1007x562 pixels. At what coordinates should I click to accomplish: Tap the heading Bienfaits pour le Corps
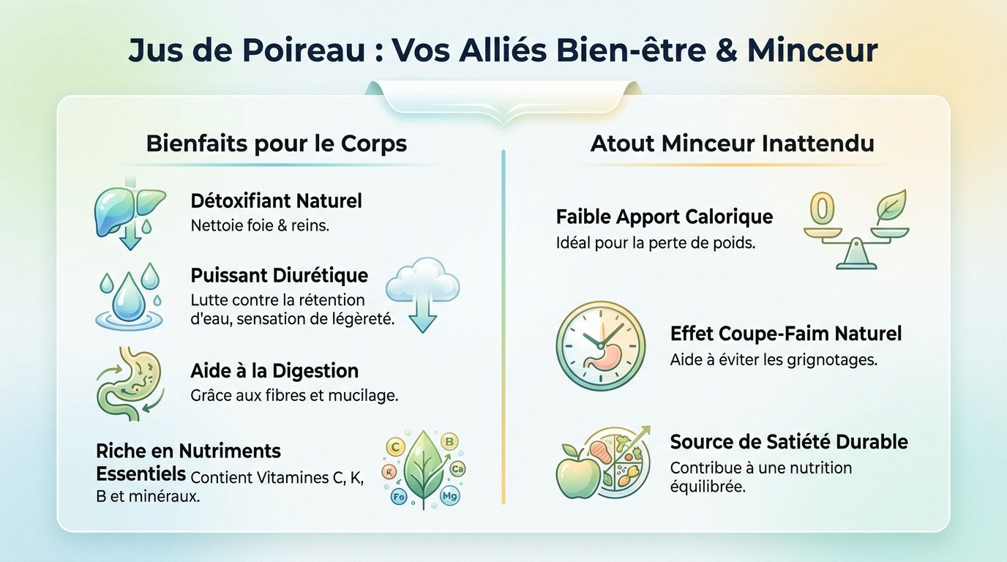click(x=277, y=143)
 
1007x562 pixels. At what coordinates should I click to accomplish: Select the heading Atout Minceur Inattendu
click(x=732, y=143)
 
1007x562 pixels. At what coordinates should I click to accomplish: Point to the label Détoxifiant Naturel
click(x=276, y=201)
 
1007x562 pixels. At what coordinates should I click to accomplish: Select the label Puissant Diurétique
click(x=279, y=276)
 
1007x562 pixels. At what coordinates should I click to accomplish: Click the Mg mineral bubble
click(x=449, y=498)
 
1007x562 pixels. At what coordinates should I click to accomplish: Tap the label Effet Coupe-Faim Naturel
click(x=785, y=334)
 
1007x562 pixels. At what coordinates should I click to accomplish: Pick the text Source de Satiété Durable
click(x=789, y=442)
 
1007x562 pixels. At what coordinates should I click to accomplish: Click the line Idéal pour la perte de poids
click(x=656, y=242)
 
